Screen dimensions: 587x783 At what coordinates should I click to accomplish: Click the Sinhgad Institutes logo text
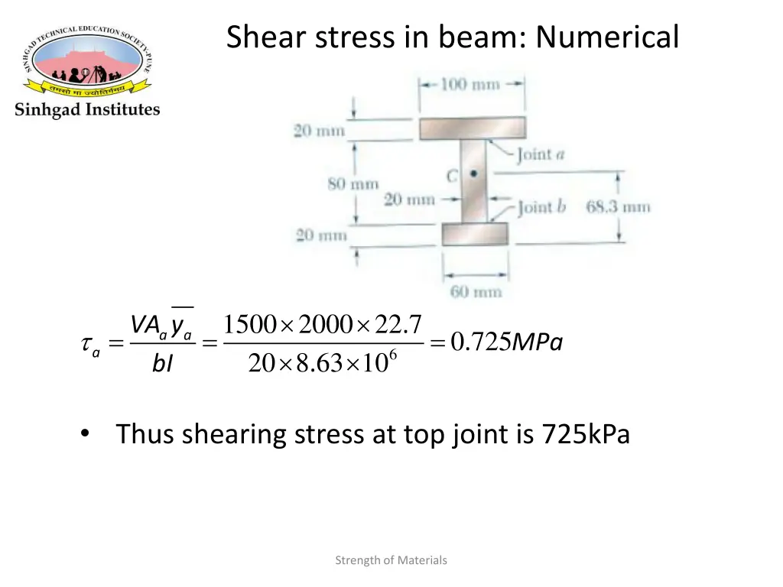87,109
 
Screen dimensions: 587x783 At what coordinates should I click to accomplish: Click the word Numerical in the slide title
607,36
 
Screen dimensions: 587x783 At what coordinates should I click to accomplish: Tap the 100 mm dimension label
469,84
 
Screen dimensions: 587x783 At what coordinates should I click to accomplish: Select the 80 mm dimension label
353,183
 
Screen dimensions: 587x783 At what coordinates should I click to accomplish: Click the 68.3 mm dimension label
618,206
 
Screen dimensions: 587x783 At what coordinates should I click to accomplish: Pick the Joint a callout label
540,155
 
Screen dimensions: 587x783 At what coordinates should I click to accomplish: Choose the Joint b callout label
541,207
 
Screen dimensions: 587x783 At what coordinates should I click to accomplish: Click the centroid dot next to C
474,174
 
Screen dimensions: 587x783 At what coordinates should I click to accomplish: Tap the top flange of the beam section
472,128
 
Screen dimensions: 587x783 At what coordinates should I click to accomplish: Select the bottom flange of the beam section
475,234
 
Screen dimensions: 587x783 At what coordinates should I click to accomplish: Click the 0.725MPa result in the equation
506,344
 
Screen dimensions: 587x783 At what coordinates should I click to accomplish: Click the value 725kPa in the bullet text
586,434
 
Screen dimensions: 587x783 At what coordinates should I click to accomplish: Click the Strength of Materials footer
391,560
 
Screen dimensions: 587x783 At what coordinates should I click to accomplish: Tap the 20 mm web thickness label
409,200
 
